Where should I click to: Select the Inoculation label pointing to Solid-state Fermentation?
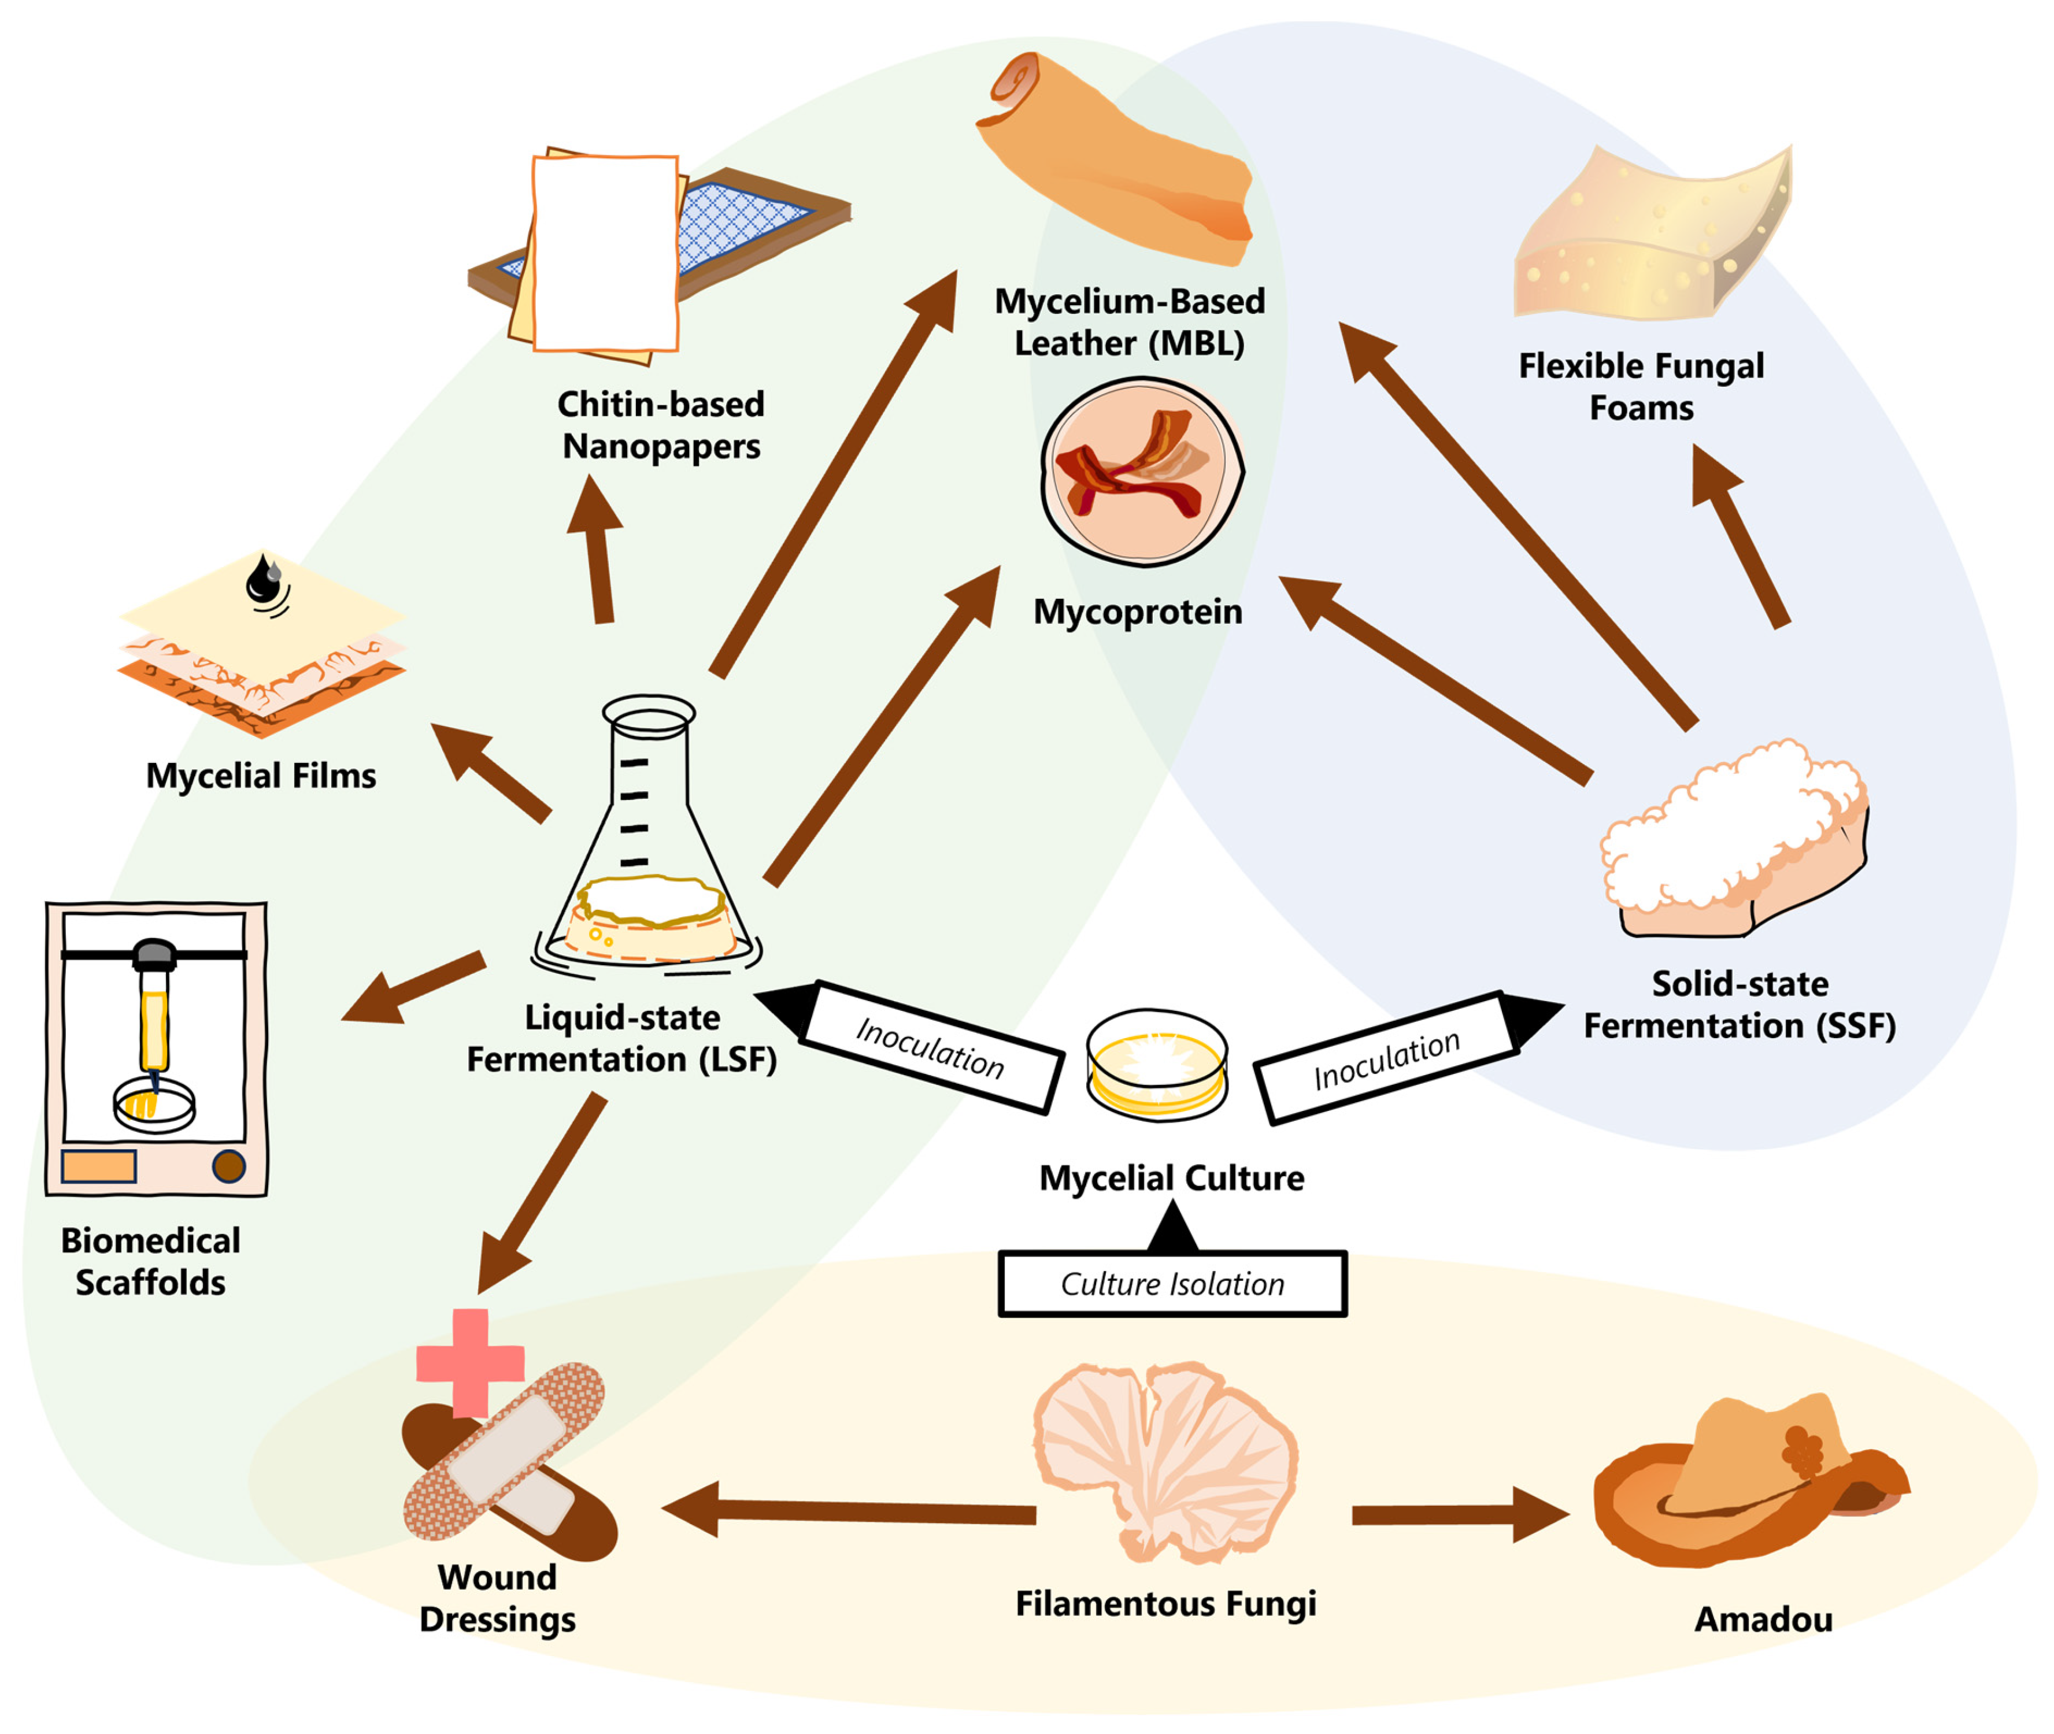tap(1386, 1059)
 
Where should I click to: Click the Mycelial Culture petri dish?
tap(1156, 1065)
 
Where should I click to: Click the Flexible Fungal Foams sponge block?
tap(1652, 236)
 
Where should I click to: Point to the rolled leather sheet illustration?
tap(1115, 157)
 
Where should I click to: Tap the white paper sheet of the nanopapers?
tap(605, 253)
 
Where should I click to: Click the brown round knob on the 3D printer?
tap(229, 1167)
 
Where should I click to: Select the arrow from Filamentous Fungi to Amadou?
tap(1461, 1515)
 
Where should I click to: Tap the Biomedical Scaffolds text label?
tap(150, 1261)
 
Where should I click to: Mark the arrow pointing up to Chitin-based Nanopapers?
tap(596, 549)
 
